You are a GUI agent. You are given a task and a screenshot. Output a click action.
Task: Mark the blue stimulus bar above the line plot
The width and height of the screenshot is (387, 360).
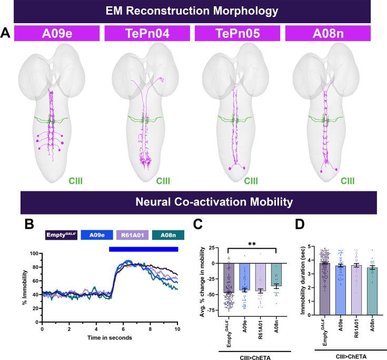tap(144, 249)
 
